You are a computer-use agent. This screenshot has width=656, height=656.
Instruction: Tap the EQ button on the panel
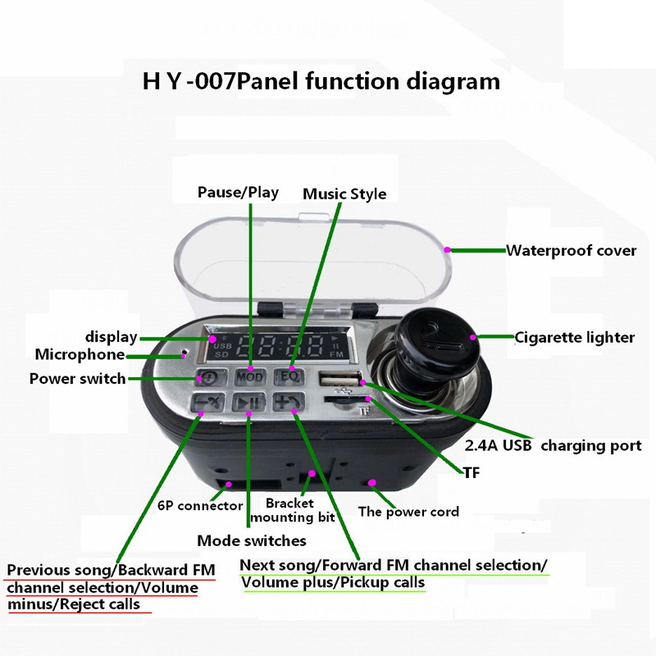[x=289, y=376]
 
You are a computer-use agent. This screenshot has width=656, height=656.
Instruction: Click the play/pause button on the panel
[x=247, y=403]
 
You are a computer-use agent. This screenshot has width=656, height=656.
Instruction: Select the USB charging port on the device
[x=338, y=380]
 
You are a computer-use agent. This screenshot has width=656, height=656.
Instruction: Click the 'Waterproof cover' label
[x=571, y=251]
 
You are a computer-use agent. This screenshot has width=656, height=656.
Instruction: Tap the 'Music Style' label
[x=344, y=194]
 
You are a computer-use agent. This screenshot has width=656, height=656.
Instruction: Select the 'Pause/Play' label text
[x=238, y=193]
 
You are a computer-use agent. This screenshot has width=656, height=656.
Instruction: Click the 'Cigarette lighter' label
[x=575, y=337]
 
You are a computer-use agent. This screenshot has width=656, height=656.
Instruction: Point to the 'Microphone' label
[x=80, y=355]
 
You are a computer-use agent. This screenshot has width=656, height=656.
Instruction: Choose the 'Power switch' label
[x=78, y=379]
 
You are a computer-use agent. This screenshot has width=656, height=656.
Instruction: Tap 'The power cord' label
[x=408, y=512]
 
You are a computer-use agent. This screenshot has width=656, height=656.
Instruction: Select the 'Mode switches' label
[x=252, y=540]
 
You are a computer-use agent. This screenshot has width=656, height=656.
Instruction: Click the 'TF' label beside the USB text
[x=471, y=473]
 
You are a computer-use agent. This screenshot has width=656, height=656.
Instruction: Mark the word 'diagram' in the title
[x=453, y=82]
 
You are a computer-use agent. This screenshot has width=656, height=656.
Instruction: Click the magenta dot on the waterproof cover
[x=448, y=248]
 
